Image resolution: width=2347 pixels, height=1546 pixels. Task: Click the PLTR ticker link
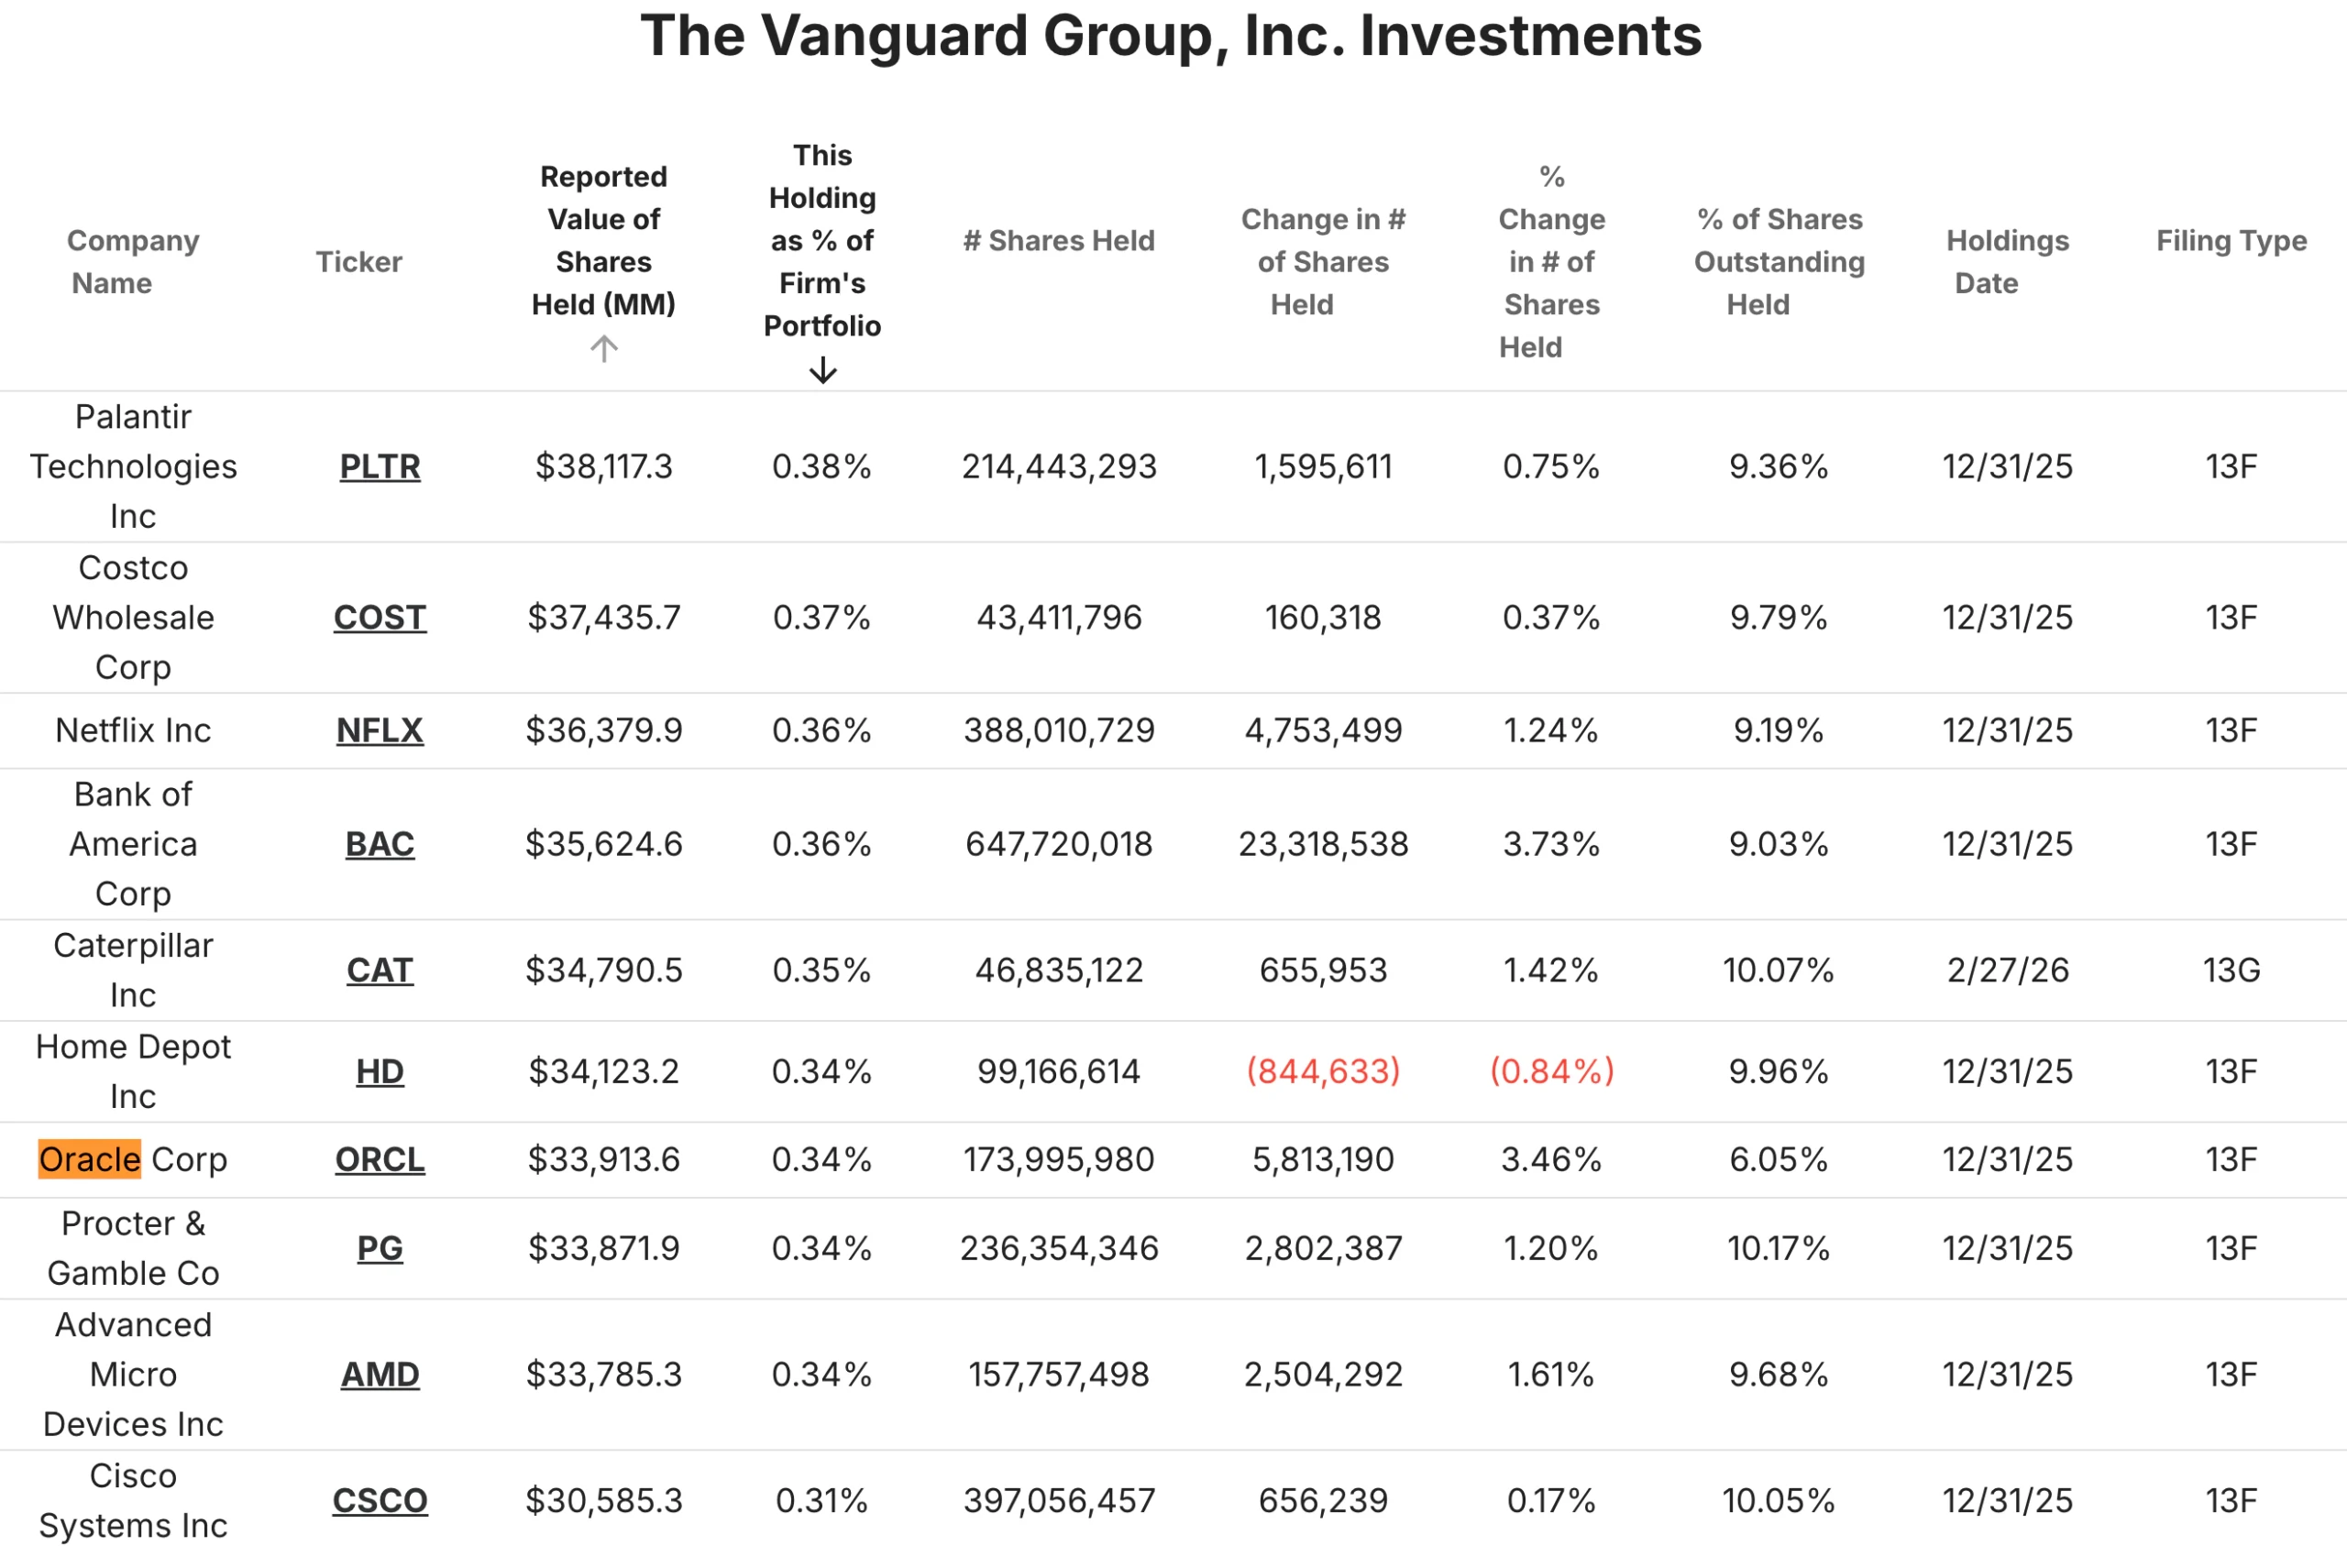(x=380, y=466)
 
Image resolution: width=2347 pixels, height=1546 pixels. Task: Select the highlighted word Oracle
(x=90, y=1159)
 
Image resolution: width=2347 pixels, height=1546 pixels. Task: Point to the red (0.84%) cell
(x=1551, y=1070)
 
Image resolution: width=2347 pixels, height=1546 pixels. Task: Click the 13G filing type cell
(x=2231, y=970)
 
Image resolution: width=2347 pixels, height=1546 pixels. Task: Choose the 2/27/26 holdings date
(x=2007, y=970)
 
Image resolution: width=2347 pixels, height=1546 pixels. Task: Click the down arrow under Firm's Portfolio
(x=822, y=371)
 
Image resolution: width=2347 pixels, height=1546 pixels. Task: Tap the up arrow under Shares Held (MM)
(x=603, y=348)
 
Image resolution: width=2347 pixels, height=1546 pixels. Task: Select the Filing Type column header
(x=2231, y=241)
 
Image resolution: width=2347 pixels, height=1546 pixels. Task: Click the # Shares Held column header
(x=1058, y=241)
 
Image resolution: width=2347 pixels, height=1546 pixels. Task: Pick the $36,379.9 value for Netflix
(x=603, y=730)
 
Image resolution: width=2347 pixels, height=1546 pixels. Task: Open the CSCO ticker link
(x=380, y=1501)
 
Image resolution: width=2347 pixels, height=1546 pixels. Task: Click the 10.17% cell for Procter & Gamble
(x=1778, y=1248)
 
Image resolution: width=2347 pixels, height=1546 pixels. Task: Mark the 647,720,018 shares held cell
(x=1058, y=844)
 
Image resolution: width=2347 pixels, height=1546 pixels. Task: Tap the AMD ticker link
(x=380, y=1375)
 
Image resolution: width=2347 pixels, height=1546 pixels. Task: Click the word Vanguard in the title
(x=894, y=37)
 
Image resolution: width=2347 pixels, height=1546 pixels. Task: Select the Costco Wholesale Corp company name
(x=133, y=618)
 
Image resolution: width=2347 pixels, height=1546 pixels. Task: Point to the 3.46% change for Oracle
(x=1551, y=1159)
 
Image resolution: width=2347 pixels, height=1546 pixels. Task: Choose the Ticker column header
(x=359, y=262)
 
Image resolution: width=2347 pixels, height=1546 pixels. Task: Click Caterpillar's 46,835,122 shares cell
(x=1058, y=970)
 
